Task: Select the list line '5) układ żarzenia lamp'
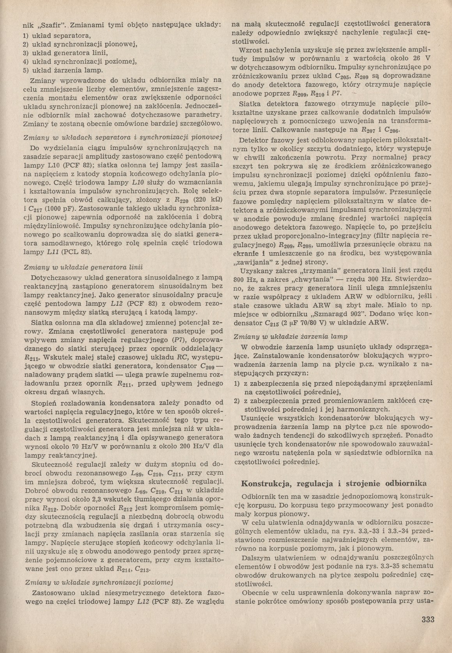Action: [62, 71]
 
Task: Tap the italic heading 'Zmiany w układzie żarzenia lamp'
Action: [291, 336]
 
